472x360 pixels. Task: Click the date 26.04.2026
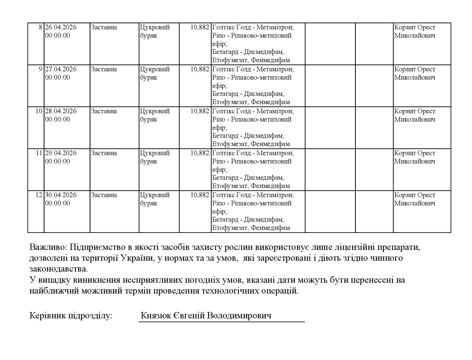click(x=61, y=27)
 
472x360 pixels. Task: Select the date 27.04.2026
click(x=61, y=69)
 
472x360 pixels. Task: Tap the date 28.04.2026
click(x=61, y=111)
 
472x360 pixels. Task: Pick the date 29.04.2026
click(x=61, y=153)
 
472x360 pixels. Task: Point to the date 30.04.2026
click(x=61, y=195)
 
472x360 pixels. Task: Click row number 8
click(x=40, y=27)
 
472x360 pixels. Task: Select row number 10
click(x=39, y=111)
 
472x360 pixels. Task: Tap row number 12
click(x=39, y=195)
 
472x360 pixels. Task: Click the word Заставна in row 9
click(x=104, y=69)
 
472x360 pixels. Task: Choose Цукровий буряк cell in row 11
click(x=155, y=157)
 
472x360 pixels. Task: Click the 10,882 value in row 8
click(x=200, y=27)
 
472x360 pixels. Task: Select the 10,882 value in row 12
click(x=200, y=195)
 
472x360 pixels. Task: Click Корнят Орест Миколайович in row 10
click(x=415, y=115)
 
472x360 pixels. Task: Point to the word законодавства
click(x=59, y=269)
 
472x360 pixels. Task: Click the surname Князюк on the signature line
click(x=156, y=316)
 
